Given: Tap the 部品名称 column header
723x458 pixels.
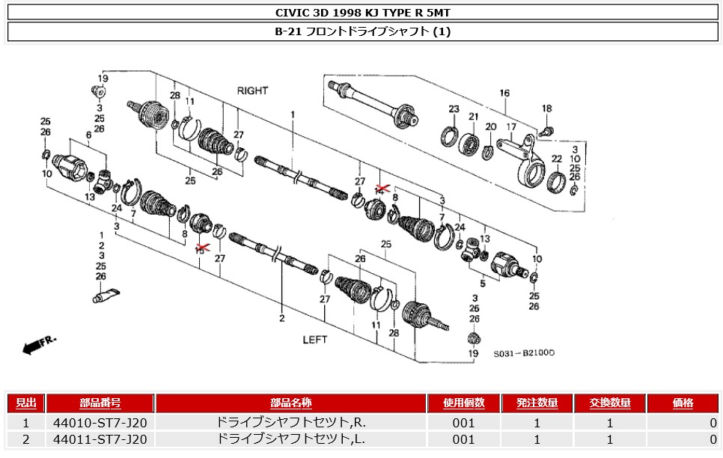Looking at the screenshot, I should pyautogui.click(x=290, y=403).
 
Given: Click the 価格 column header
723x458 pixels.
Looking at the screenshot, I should pyautogui.click(x=683, y=403).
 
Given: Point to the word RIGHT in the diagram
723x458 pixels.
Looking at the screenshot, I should pyautogui.click(x=252, y=91).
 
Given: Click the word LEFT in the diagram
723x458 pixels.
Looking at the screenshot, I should pyautogui.click(x=315, y=339).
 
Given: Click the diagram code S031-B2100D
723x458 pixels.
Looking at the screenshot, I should pyautogui.click(x=528, y=353).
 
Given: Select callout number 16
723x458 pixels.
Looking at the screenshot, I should pyautogui.click(x=504, y=94).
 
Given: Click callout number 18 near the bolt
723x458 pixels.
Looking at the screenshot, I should pyautogui.click(x=546, y=109).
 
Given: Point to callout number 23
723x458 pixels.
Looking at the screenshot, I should pyautogui.click(x=454, y=110).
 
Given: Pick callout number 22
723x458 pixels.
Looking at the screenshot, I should pyautogui.click(x=556, y=159).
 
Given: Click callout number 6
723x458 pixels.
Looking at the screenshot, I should pyautogui.click(x=88, y=135).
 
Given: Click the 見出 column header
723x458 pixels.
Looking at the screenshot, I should pyautogui.click(x=26, y=403).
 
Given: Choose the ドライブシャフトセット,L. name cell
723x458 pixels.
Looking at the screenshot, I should pyautogui.click(x=290, y=439).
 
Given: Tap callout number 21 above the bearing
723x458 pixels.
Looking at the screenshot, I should pyautogui.click(x=473, y=116).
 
